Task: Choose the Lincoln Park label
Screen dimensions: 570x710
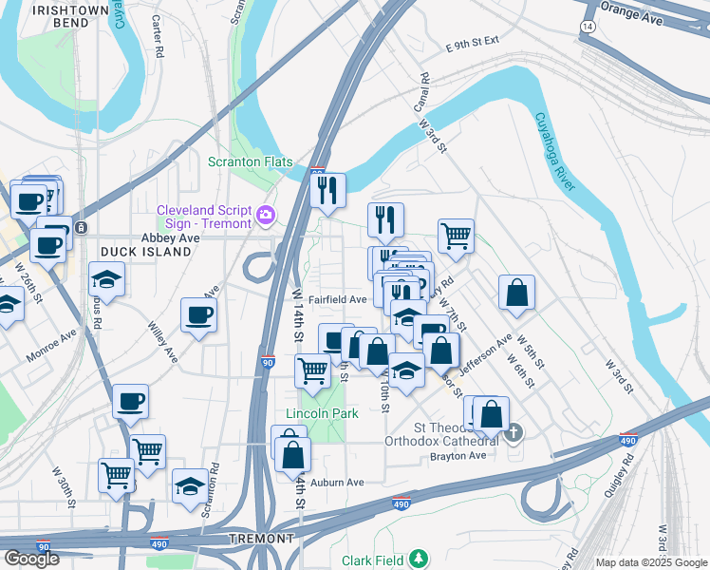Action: (x=323, y=414)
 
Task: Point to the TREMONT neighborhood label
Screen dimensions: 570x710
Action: (x=261, y=539)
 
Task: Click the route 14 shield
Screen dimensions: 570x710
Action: (x=589, y=28)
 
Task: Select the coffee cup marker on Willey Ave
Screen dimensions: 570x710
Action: (x=198, y=314)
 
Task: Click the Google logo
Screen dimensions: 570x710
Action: (x=31, y=559)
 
